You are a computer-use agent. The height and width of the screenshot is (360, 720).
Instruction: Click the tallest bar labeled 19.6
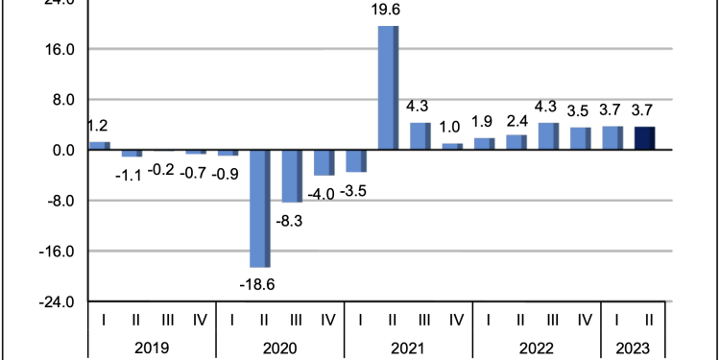coord(388,87)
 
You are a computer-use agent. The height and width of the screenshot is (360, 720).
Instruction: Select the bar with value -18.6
coord(259,208)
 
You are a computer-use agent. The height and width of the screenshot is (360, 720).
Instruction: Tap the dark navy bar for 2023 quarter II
coord(644,138)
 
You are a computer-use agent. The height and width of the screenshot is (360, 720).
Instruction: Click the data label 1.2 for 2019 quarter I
coord(97,126)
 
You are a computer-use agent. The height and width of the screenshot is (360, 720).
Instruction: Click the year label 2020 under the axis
coord(279,348)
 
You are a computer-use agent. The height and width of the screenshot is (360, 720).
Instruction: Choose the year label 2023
coord(632,348)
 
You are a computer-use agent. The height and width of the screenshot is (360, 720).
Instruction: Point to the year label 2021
coord(408,348)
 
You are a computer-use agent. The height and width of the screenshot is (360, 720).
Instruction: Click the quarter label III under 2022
coord(552,320)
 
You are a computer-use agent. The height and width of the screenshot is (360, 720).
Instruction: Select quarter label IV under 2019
coord(199,320)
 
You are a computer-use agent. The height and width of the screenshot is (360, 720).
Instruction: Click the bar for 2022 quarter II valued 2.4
coord(516,142)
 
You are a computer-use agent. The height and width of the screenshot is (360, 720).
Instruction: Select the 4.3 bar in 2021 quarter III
coord(420,136)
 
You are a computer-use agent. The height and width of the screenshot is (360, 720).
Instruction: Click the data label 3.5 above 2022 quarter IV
coord(581,111)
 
